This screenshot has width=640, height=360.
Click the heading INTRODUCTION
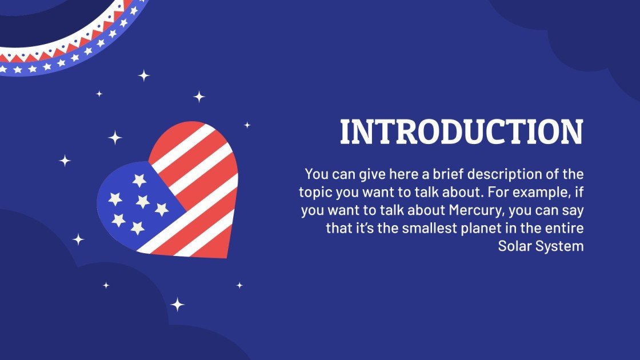(461, 132)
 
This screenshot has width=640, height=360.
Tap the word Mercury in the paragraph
(477, 210)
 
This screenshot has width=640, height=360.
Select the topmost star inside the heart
(139, 181)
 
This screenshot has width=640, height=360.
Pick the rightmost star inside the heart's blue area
(162, 210)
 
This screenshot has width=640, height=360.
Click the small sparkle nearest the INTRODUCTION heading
(247, 125)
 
